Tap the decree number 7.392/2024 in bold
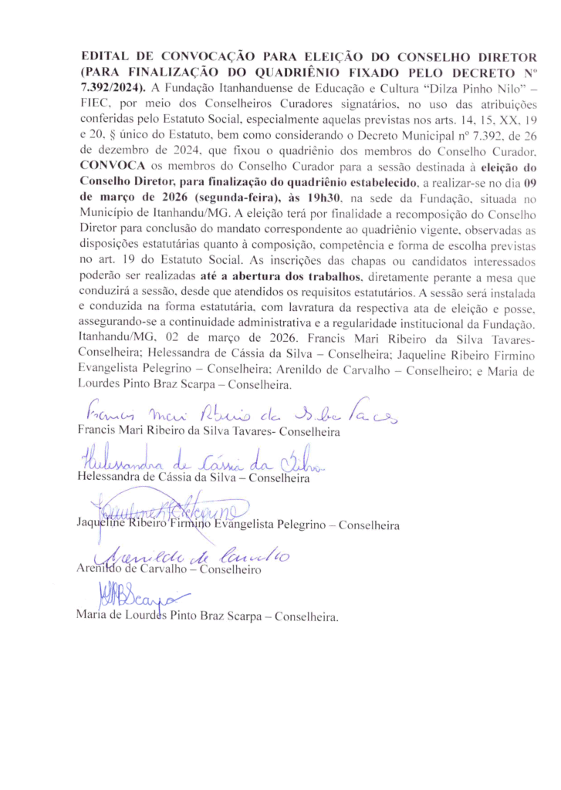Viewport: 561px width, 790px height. click(x=113, y=84)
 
